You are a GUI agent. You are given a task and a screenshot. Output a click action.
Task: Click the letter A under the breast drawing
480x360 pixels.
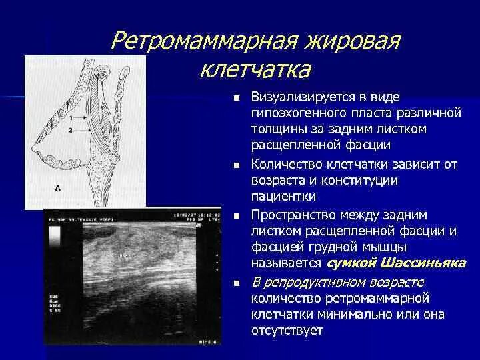57,189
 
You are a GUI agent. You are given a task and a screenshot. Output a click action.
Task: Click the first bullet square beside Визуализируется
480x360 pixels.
237,97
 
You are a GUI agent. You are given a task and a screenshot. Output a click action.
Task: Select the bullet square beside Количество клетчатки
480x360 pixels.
237,165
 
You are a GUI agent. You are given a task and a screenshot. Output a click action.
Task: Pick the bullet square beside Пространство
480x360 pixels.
237,215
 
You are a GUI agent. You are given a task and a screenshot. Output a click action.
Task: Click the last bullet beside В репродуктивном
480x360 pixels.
237,283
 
